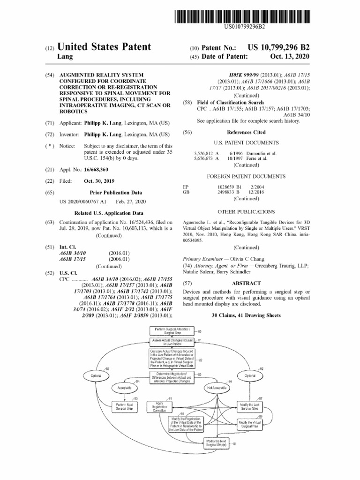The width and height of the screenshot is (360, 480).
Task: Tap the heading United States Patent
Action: (104, 47)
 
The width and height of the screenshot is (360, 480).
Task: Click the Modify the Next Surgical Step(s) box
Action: (217, 442)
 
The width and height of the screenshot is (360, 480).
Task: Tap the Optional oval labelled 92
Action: (250, 375)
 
